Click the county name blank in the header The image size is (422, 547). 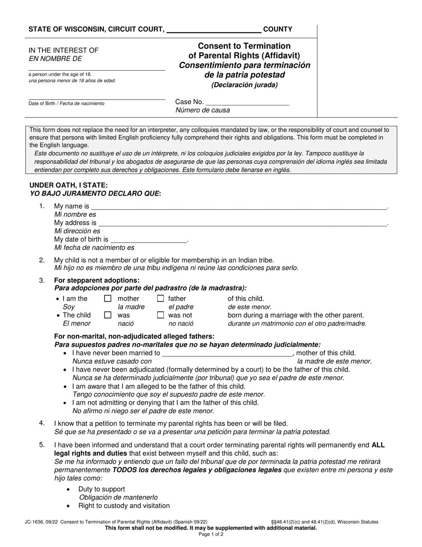213,30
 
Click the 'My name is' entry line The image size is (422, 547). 239,206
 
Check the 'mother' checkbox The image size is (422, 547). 107,299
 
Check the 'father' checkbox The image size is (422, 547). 161,299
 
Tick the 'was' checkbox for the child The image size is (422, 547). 107,315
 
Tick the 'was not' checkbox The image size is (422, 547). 161,315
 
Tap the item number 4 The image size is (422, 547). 42,423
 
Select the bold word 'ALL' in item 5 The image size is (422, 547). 379,445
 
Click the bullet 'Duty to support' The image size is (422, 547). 102,489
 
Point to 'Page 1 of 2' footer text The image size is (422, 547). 211,535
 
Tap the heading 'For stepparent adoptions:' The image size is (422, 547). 96,280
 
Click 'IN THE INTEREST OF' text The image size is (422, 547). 64,50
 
